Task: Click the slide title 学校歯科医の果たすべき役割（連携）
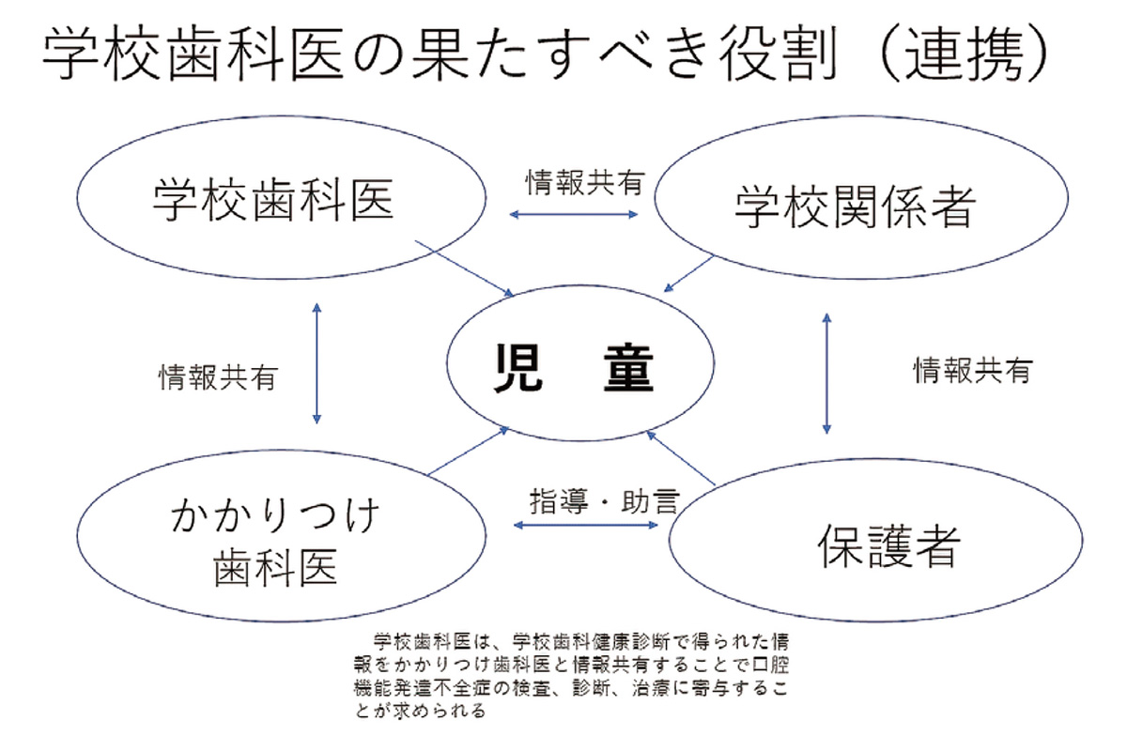[x=545, y=56]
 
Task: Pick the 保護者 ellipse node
[x=873, y=544]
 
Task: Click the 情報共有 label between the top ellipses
[x=583, y=182]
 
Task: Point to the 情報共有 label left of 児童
[x=217, y=377]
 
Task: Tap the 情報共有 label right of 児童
[x=972, y=371]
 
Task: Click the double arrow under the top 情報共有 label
[x=573, y=214]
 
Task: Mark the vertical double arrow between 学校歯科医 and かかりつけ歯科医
[x=317, y=361]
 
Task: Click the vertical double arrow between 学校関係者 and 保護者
[x=826, y=373]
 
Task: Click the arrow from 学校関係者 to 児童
[x=690, y=273]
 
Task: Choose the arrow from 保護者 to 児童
[x=682, y=459]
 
